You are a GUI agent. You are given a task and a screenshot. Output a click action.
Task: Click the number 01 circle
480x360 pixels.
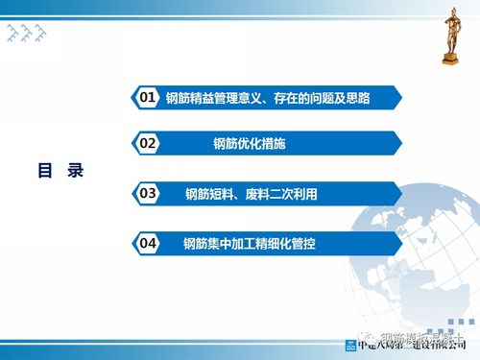[147, 97]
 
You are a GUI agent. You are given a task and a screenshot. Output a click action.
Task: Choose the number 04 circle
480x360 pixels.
[147, 244]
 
